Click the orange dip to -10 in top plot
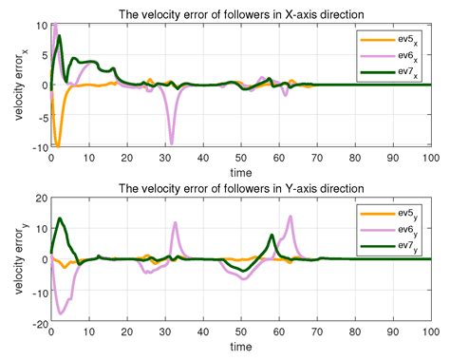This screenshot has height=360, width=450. pos(58,145)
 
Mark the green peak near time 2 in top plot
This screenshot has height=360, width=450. pos(60,36)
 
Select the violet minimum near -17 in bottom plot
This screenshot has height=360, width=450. pos(61,313)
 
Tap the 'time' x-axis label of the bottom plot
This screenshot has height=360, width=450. pos(240,349)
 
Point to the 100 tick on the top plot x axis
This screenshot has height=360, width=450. pos(429,159)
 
